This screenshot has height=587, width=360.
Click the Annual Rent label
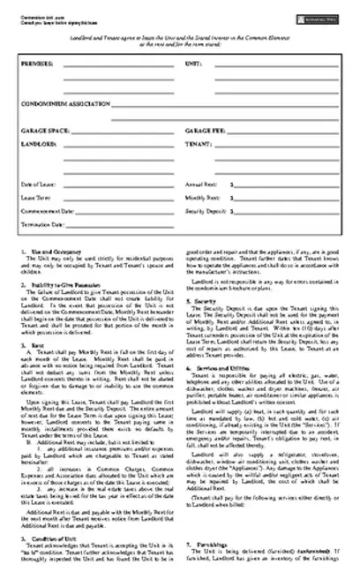(200, 184)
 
